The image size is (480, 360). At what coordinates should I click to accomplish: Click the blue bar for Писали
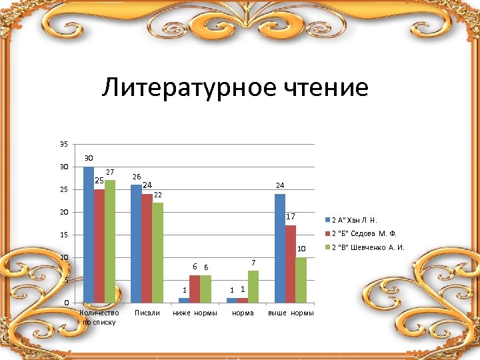(x=136, y=243)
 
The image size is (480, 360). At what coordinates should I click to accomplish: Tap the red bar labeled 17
(x=291, y=264)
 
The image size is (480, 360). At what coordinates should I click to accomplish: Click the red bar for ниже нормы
(x=195, y=289)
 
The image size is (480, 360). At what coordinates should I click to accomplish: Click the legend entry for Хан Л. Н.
(x=354, y=220)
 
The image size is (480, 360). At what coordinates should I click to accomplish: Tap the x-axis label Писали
(x=147, y=313)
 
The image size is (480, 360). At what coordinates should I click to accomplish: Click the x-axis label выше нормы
(x=291, y=313)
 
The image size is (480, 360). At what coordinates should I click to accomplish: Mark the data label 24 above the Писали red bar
(x=148, y=185)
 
